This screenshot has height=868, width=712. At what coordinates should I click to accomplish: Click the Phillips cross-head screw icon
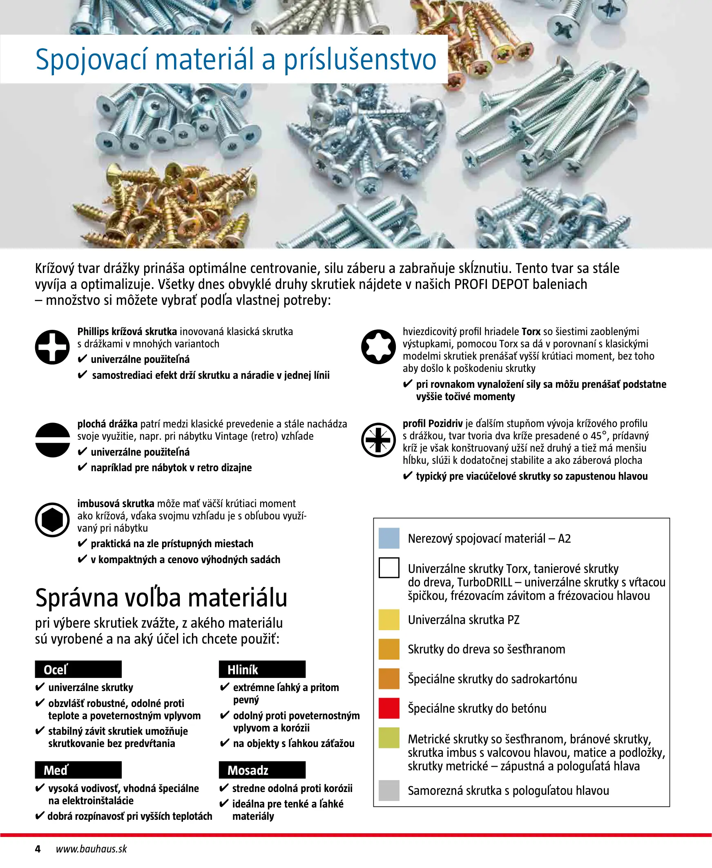[52, 347]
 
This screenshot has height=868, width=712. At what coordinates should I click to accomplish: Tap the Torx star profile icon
[378, 347]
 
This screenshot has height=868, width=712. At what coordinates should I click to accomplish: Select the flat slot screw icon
[53, 440]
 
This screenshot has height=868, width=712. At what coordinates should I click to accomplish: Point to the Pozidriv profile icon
[378, 440]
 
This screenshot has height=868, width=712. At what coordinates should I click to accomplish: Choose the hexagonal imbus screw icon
[52, 519]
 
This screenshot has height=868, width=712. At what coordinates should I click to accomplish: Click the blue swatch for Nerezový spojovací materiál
[389, 538]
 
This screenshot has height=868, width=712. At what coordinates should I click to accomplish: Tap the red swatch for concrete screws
[389, 708]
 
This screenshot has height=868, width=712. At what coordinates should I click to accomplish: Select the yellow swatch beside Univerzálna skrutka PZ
[389, 620]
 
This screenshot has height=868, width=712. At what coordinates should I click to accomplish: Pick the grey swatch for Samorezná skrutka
[389, 790]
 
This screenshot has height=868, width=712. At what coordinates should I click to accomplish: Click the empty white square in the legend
[389, 568]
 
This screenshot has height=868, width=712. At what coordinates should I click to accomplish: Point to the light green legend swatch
[389, 738]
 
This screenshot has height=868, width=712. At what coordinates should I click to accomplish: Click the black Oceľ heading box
[78, 669]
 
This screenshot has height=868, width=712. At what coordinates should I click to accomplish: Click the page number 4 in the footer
[38, 849]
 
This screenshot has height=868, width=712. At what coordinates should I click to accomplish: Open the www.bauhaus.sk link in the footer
[92, 849]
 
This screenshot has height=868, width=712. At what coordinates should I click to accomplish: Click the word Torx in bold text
[531, 331]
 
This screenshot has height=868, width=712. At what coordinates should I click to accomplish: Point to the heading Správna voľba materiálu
[161, 598]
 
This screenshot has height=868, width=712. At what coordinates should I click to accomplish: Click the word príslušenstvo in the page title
[360, 60]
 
